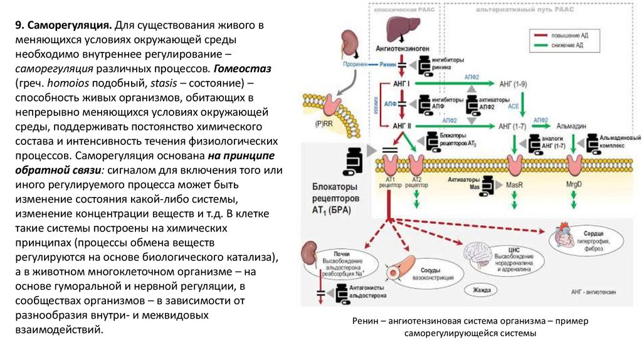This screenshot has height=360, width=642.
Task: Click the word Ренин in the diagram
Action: pyautogui.click(x=388, y=65)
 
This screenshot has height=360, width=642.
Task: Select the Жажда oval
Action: pyautogui.click(x=481, y=290)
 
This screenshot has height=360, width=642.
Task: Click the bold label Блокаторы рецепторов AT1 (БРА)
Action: pyautogui.click(x=335, y=199)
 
